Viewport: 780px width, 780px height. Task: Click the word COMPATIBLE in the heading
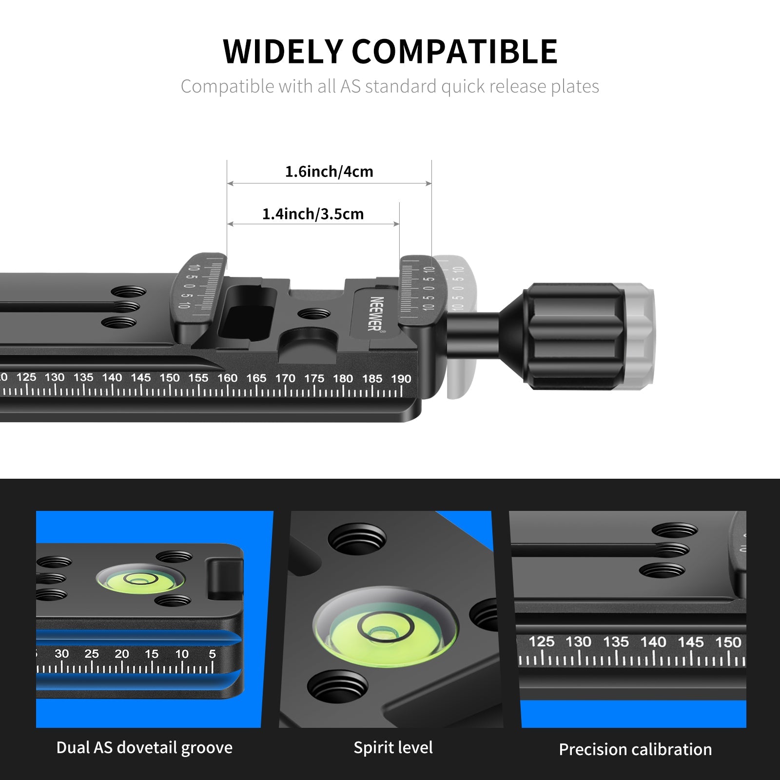click(454, 52)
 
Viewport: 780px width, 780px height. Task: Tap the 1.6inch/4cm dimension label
click(329, 172)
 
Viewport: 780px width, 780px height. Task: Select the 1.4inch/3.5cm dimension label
click(313, 214)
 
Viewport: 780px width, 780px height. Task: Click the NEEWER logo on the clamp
click(376, 313)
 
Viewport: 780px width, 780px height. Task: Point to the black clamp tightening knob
click(575, 336)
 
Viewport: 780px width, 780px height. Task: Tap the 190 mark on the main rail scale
click(401, 379)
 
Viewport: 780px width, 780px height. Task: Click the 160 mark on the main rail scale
click(227, 378)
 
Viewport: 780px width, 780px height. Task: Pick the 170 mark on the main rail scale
click(285, 378)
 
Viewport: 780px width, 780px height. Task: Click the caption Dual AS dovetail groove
click(144, 748)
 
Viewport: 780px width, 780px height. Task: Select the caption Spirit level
click(393, 748)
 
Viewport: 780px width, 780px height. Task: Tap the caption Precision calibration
click(635, 749)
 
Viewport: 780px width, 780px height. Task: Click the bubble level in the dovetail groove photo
click(140, 579)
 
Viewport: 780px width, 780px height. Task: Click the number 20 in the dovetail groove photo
click(122, 654)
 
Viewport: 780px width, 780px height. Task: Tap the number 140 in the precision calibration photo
click(653, 642)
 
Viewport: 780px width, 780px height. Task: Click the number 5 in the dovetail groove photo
click(212, 654)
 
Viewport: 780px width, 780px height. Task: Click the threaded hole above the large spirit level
click(357, 541)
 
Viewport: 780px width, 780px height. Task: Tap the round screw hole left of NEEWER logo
click(314, 313)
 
